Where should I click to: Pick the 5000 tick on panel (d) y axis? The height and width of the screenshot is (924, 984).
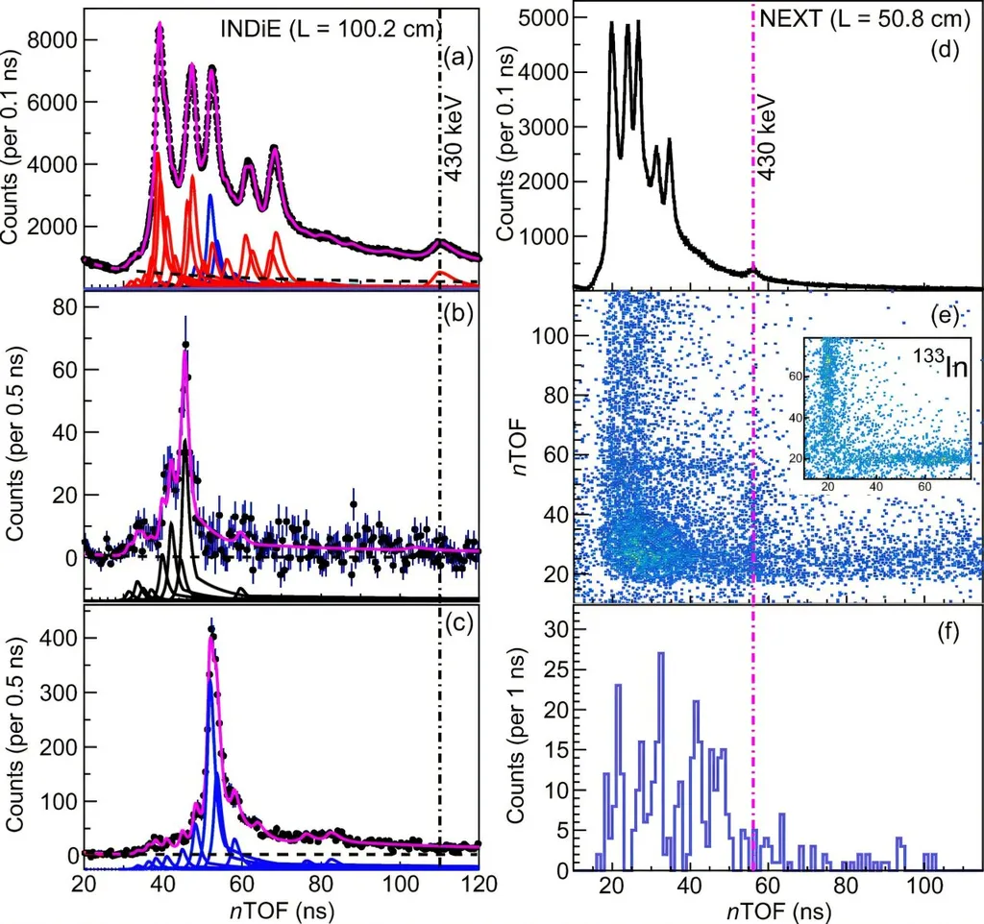point(542,16)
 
